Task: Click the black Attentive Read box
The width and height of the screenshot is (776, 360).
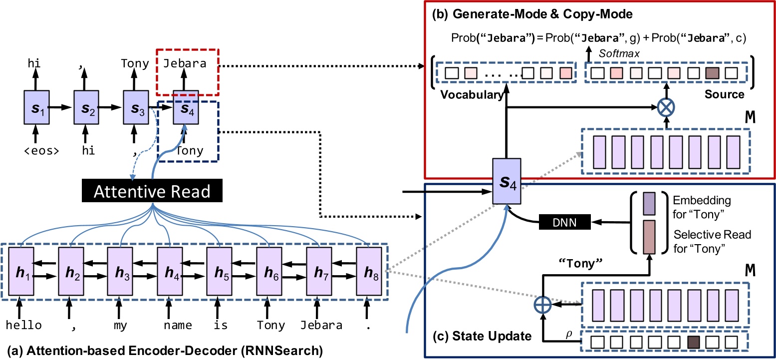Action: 153,191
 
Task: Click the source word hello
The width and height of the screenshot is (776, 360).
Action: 23,326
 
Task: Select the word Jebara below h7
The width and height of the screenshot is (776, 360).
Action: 321,326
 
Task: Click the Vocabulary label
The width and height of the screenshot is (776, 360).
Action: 471,95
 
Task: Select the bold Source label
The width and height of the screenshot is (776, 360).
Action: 725,94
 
